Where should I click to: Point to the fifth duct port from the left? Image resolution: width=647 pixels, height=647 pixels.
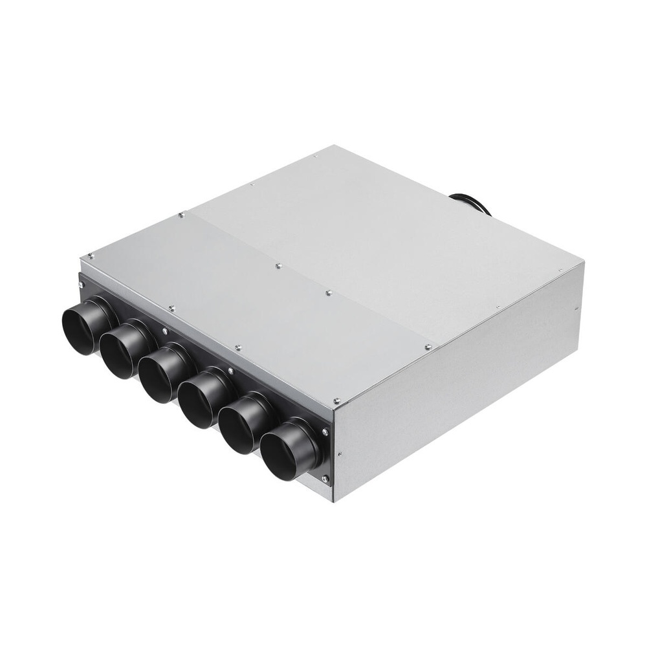[240, 426]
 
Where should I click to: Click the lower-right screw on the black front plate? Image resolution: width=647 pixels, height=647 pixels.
[325, 479]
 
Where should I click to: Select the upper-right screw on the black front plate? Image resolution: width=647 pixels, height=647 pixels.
[324, 432]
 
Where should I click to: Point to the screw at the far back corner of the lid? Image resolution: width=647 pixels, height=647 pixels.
[315, 156]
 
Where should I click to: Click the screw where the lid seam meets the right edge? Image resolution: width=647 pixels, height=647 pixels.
[428, 347]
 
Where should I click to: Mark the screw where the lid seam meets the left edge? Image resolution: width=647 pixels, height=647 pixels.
[181, 213]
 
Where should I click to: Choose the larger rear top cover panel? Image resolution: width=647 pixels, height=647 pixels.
[388, 239]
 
